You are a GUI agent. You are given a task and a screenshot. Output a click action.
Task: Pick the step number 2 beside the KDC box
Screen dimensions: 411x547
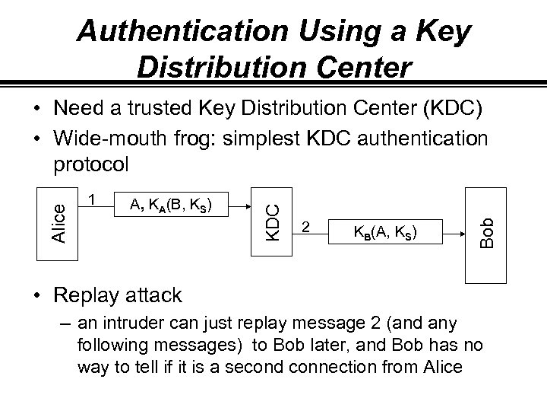pyautogui.click(x=305, y=227)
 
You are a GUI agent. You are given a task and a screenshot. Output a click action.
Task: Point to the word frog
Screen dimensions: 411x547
pyautogui.click(x=205, y=138)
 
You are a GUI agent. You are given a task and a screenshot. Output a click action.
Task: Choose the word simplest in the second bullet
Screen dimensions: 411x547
pyautogui.click(x=284, y=138)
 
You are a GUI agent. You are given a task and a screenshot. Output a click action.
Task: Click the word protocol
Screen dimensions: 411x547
pyautogui.click(x=92, y=164)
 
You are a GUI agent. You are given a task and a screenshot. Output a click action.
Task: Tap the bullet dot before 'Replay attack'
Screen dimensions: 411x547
pyautogui.click(x=36, y=295)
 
